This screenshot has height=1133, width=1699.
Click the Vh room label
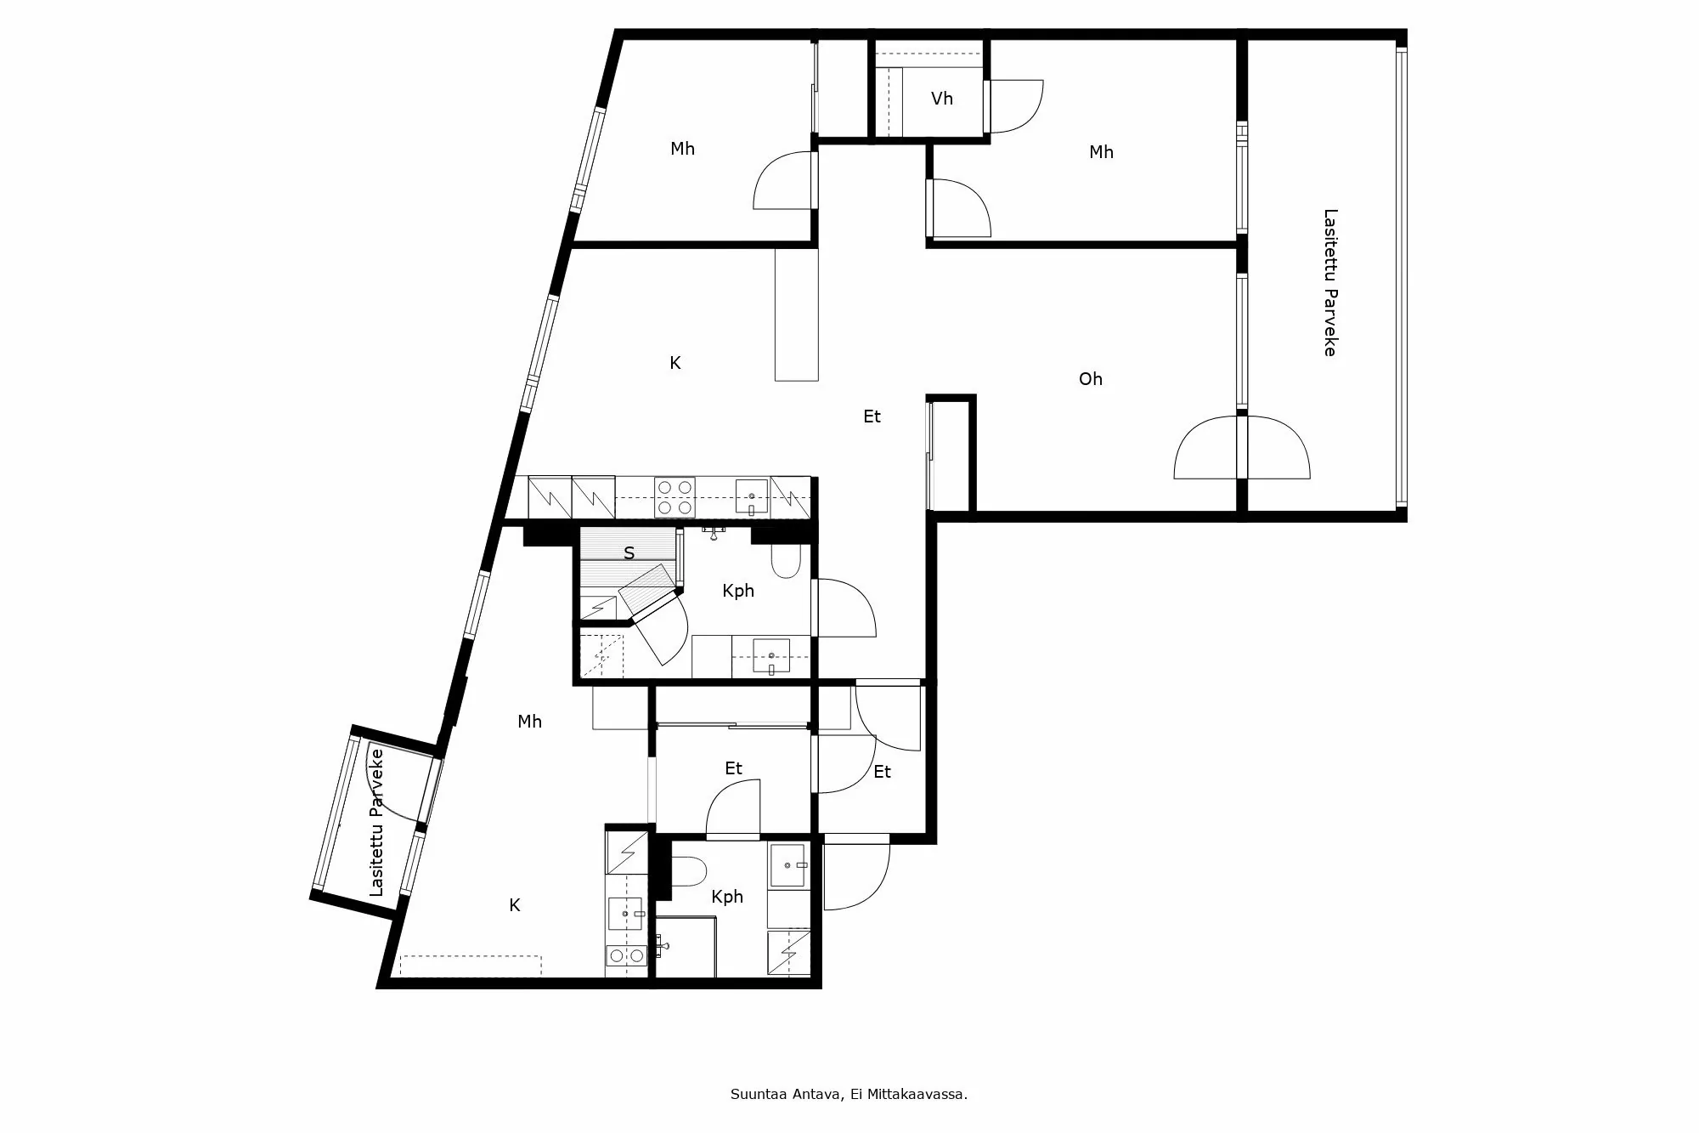(941, 99)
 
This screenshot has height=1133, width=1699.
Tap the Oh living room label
(1090, 379)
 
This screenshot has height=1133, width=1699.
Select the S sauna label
(629, 553)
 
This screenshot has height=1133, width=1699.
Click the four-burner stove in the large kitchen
(675, 497)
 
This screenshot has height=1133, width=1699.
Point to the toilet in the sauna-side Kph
(786, 560)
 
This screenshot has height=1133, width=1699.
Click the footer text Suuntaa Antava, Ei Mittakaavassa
(849, 1095)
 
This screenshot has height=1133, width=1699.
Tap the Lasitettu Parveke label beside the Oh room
(1330, 282)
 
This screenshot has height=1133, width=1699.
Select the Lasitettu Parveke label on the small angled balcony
(377, 822)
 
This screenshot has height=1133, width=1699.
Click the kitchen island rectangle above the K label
(796, 314)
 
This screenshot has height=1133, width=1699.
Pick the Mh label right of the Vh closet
(1101, 152)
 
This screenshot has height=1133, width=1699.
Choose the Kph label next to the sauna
(737, 591)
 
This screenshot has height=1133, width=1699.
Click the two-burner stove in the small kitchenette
(626, 956)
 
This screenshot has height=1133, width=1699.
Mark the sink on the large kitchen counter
(752, 496)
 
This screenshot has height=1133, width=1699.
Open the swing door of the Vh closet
(1016, 106)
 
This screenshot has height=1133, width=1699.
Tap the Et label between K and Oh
(872, 416)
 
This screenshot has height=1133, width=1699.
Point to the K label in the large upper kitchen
(675, 363)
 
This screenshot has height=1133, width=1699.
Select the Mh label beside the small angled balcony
(529, 722)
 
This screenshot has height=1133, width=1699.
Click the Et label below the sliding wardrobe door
(733, 768)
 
